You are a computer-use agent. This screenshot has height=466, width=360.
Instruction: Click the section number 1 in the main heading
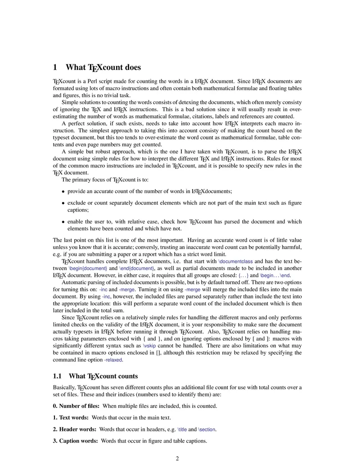[55, 68]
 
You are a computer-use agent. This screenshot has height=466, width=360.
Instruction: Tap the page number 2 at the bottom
[177, 459]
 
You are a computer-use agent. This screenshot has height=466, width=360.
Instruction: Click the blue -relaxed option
[113, 360]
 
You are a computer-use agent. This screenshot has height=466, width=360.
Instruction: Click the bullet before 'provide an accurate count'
[63, 191]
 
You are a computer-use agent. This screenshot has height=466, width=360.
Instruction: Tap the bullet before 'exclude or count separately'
[63, 203]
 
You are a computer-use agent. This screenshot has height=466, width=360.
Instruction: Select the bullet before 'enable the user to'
[63, 222]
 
